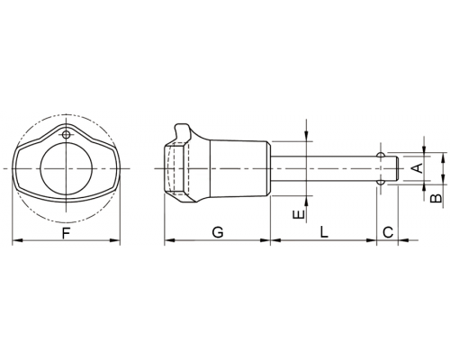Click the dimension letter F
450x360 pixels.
(x=66, y=233)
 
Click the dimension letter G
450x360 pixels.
(x=218, y=232)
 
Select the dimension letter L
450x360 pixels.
(x=324, y=232)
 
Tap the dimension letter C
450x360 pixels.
(x=388, y=232)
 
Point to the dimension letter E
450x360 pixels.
(x=299, y=214)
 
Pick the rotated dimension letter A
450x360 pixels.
(x=417, y=168)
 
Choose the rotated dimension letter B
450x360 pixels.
(x=436, y=199)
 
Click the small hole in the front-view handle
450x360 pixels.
(x=66, y=135)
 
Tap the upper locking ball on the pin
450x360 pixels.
(x=381, y=155)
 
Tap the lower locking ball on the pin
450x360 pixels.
(x=381, y=182)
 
